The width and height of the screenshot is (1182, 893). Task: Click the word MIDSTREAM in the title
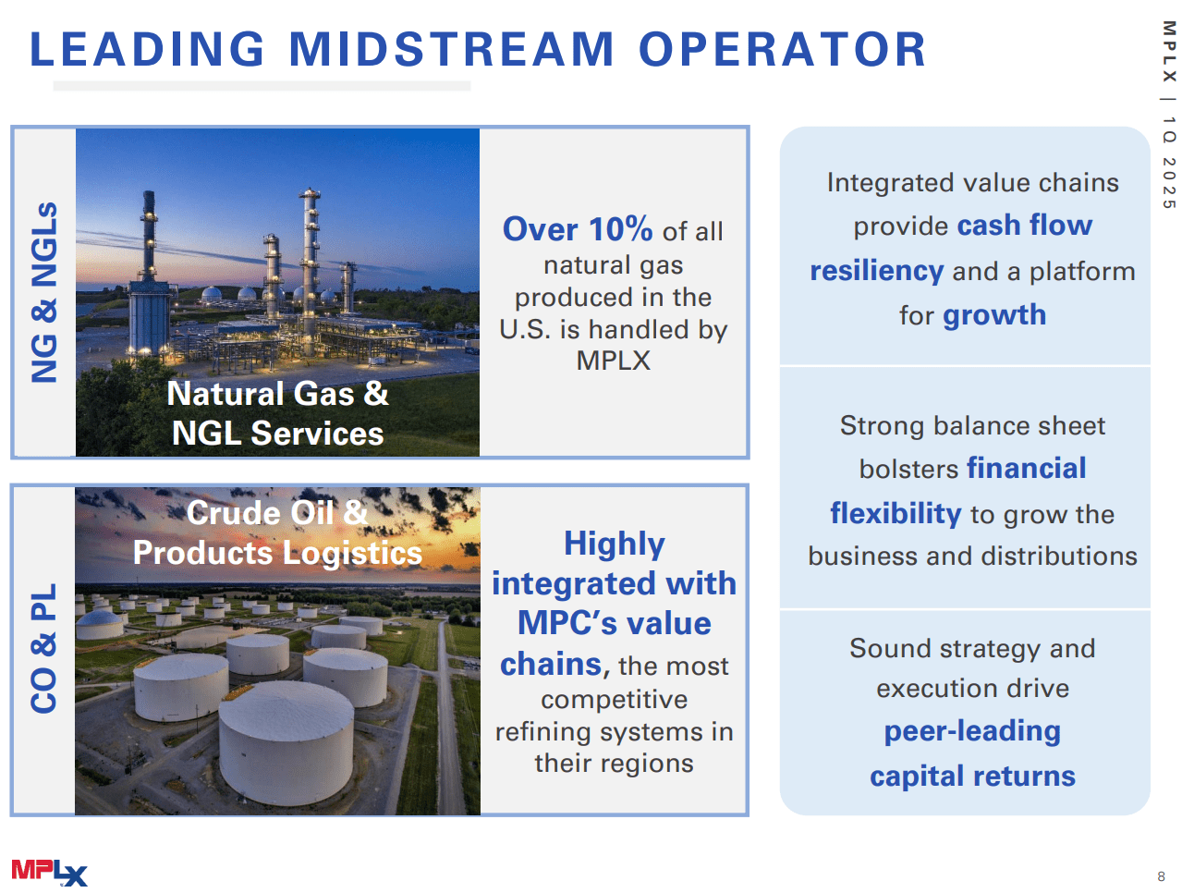(451, 49)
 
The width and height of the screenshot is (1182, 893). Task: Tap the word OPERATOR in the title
(782, 49)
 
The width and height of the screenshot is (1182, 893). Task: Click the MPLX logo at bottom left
(49, 872)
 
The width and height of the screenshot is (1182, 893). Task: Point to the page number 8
(1161, 876)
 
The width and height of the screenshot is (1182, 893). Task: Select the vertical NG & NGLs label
(44, 292)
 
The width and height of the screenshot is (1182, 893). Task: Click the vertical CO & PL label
(44, 649)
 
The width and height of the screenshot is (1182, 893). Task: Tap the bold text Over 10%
(578, 229)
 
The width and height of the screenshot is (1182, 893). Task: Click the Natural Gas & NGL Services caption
(277, 413)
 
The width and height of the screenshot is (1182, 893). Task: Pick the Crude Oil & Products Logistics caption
(277, 532)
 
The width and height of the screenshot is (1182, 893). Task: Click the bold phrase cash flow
(1024, 225)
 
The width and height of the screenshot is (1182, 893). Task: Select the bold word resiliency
(876, 271)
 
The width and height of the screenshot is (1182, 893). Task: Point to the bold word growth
(994, 315)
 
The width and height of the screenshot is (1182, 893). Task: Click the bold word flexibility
(896, 513)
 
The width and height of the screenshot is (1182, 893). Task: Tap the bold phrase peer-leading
(972, 731)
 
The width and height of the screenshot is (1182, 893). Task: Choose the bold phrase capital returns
(972, 776)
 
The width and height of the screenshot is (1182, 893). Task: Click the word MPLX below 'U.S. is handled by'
(613, 361)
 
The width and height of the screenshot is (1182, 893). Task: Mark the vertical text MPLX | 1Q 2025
(1169, 115)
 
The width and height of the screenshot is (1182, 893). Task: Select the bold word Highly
(614, 544)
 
